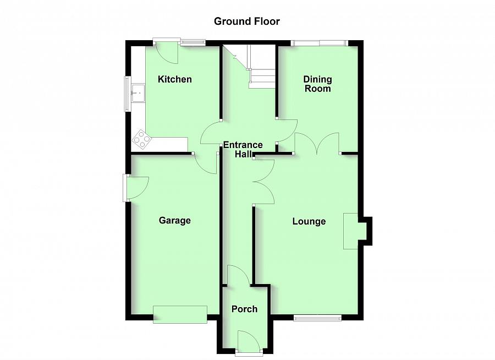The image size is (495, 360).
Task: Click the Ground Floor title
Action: tap(247, 21)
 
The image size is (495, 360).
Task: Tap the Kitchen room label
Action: tap(175, 79)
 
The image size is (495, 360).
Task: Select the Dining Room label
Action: tap(317, 84)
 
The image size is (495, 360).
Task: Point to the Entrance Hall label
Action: tap(243, 150)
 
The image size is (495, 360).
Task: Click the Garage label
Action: tap(175, 221)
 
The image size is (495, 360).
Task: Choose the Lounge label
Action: tap(309, 221)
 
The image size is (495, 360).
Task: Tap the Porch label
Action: tap(244, 309)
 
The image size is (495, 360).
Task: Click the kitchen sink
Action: tap(137, 93)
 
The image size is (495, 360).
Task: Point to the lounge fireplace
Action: tap(353, 231)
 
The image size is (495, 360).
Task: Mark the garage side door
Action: tap(135, 187)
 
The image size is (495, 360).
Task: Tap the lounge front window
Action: tap(317, 317)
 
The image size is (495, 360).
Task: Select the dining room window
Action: tap(318, 42)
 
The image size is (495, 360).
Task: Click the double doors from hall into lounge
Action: tap(264, 182)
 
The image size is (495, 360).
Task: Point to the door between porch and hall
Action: tap(238, 275)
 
